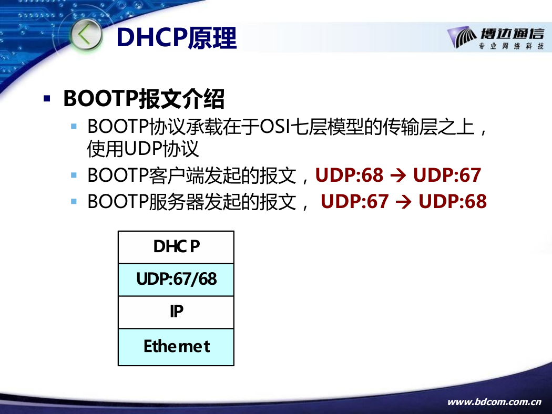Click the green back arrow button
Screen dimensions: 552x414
[86, 35]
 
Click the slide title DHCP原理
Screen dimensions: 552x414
[176, 38]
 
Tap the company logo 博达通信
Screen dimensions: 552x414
[496, 38]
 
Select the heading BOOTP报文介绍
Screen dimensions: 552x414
[144, 98]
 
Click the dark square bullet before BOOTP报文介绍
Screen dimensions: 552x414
[47, 98]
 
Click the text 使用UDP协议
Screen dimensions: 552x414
[143, 149]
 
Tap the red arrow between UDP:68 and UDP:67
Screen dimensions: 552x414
[398, 175]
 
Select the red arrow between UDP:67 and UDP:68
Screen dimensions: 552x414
[403, 202]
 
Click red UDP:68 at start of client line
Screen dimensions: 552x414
[349, 175]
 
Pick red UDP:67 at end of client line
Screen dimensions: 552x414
[447, 175]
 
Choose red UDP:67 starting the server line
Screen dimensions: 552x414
[355, 202]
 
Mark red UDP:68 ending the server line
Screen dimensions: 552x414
[453, 202]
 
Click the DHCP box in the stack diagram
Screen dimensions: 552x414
[176, 247]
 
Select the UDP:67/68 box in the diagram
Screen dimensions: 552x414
[176, 280]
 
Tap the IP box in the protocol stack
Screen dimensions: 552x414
[176, 313]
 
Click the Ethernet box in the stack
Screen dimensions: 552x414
[176, 347]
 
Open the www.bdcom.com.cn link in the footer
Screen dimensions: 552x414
[494, 402]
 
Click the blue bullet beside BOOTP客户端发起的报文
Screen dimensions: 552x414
[74, 175]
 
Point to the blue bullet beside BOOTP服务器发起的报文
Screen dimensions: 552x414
[74, 202]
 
